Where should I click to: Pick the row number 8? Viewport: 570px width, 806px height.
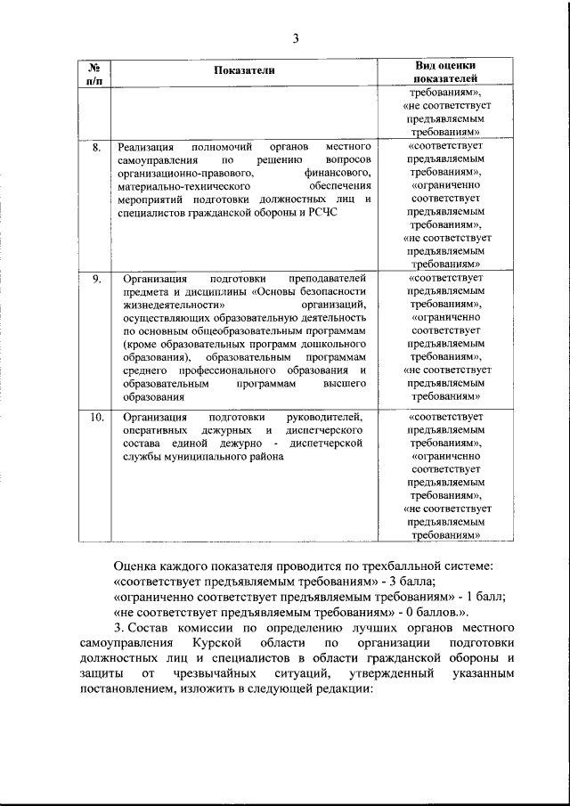tap(95, 146)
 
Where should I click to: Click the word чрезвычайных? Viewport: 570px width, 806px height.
tap(206, 674)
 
